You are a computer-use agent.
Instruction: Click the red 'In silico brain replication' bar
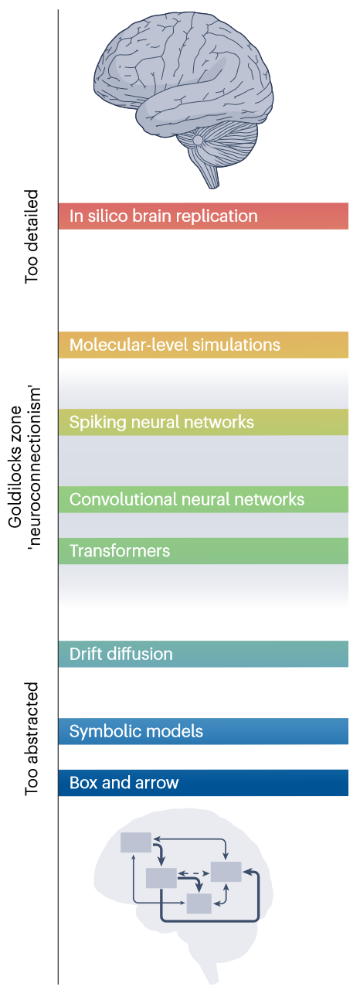(203, 216)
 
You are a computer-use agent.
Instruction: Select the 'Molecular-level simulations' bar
(203, 345)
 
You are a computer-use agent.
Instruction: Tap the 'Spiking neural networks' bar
(203, 422)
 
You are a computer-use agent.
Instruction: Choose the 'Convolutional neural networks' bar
(203, 499)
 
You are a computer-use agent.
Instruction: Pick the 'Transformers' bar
(203, 551)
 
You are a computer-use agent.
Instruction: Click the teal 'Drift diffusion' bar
(203, 654)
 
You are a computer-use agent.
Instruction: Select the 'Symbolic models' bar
(203, 731)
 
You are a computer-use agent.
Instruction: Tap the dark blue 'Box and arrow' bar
(203, 783)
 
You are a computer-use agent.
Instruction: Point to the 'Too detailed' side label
(32, 237)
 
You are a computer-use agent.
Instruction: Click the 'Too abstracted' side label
(32, 739)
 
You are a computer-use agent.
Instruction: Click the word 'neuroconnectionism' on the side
(34, 467)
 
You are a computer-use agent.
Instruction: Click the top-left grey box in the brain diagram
(136, 842)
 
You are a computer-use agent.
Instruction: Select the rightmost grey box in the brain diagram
(226, 872)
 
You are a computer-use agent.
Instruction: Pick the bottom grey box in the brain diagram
(199, 903)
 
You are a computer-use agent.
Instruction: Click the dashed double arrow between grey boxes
(193, 873)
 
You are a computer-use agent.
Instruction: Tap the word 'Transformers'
(120, 551)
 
